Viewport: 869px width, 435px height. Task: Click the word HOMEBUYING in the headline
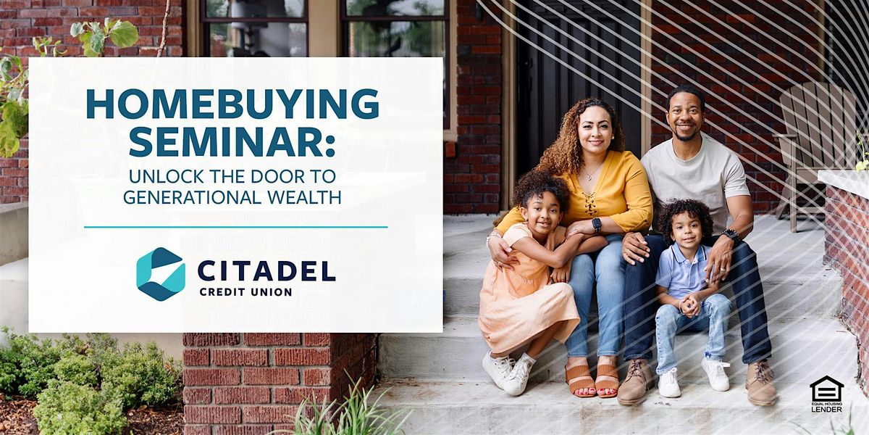(x=232, y=104)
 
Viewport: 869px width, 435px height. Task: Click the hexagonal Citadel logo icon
(x=161, y=274)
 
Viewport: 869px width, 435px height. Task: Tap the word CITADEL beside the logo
(x=266, y=271)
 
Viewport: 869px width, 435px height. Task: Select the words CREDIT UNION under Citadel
(x=245, y=292)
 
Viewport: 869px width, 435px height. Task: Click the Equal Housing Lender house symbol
(x=827, y=389)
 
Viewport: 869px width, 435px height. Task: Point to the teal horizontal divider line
(x=236, y=227)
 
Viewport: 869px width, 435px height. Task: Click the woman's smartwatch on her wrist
(x=596, y=225)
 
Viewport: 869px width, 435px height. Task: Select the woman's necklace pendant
(x=589, y=178)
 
